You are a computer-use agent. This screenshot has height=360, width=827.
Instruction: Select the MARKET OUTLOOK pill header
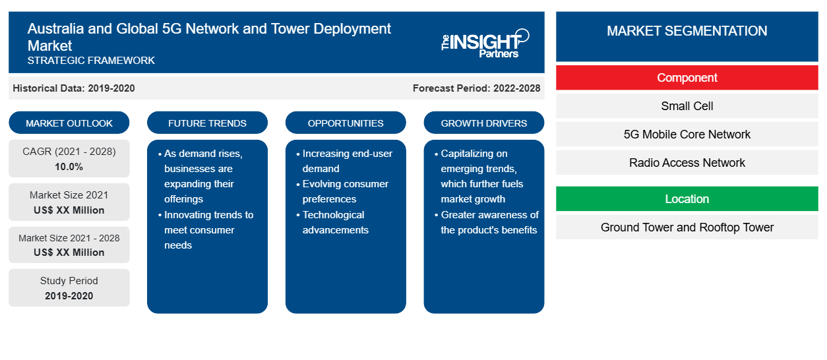coord(69,123)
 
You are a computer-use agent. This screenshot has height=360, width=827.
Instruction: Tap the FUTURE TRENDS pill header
coord(207,123)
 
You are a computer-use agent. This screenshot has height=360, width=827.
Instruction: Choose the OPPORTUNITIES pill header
coord(346,123)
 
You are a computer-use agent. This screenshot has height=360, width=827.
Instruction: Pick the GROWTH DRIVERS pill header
coord(483,123)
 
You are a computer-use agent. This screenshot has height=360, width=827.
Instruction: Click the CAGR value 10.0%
coord(69,167)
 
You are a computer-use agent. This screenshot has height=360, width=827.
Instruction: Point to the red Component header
coord(687,78)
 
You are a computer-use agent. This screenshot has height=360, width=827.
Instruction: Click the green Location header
coord(687,198)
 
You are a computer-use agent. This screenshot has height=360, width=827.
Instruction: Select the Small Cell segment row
coord(687,106)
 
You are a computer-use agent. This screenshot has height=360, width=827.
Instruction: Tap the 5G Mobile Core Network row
coord(687,135)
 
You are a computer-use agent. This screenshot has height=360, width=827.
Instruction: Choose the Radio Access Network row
coord(687,162)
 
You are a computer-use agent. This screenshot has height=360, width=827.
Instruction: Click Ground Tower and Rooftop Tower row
coord(687,227)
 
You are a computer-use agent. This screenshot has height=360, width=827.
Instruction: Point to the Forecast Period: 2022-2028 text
coord(476,88)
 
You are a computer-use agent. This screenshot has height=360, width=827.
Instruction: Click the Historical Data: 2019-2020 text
coord(74,88)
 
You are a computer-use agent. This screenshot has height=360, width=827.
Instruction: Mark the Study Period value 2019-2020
coord(69,296)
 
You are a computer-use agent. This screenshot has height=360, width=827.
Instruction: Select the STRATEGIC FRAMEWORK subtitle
coord(91,60)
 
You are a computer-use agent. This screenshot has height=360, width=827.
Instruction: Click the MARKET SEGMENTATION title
coord(687,30)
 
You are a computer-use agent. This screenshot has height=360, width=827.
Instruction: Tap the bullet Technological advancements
coord(335,222)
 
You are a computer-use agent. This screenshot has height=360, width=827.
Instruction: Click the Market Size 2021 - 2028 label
coord(69,238)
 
